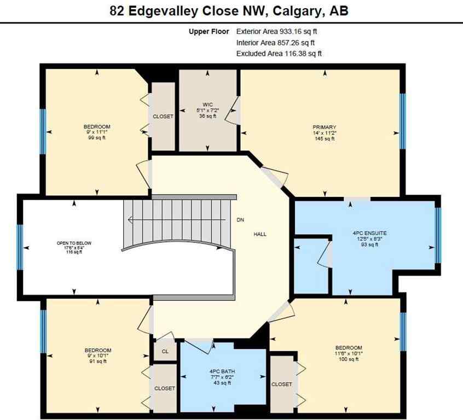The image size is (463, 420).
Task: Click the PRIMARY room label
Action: tap(321, 127)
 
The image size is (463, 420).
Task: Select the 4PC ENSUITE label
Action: tap(366, 232)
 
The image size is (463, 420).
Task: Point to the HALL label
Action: tap(260, 234)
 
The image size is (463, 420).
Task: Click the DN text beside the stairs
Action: tap(240, 220)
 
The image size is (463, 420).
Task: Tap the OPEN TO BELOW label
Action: tap(74, 243)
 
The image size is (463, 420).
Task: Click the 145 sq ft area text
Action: tap(321, 139)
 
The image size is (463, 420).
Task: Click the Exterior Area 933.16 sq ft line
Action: tap(279, 32)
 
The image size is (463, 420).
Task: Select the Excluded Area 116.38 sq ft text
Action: tap(279, 54)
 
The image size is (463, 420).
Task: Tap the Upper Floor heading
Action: tap(210, 32)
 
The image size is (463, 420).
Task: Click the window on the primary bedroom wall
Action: tap(402, 121)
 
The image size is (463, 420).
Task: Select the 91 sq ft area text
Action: tap(97, 362)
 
